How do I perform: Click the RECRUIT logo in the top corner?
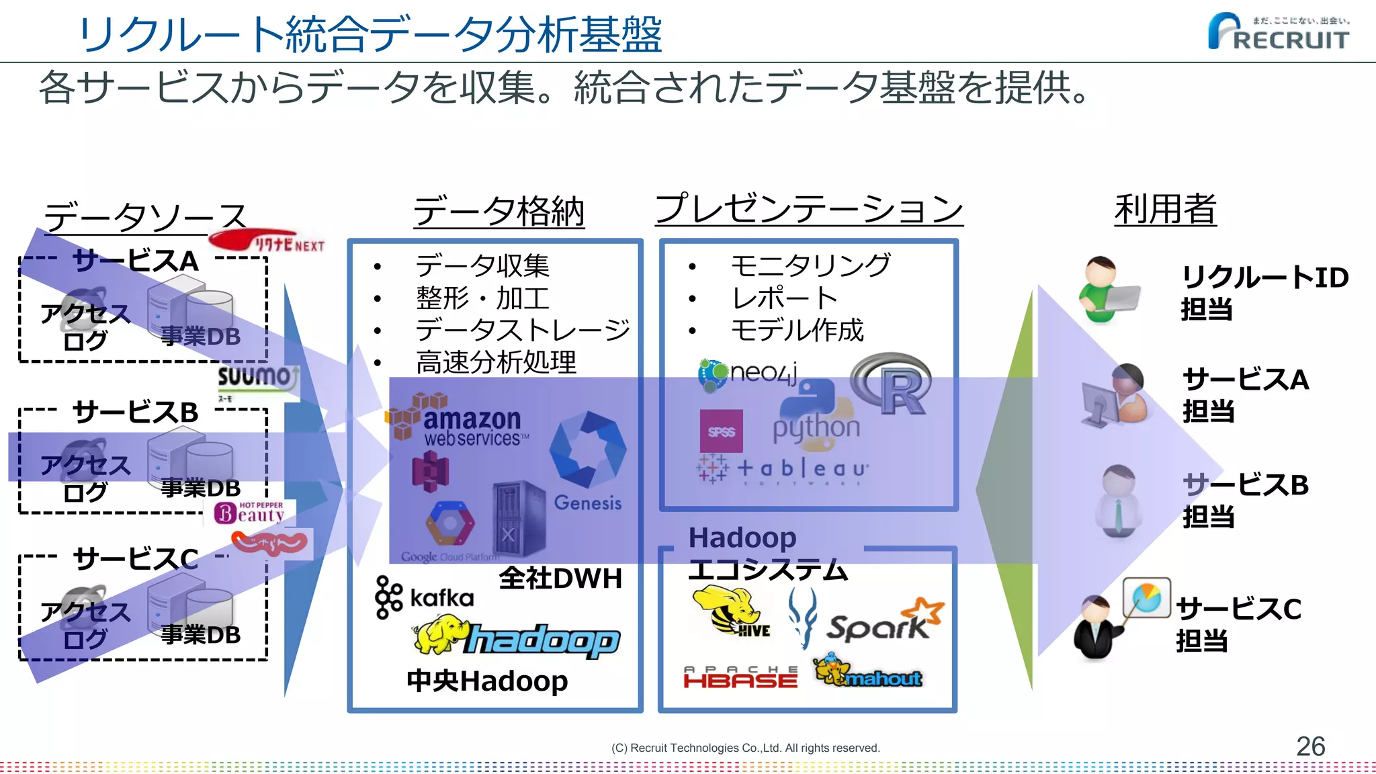coord(1279,32)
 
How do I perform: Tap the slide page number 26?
coord(1309,746)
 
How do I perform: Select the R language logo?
coord(892,384)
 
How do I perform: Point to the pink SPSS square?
coord(721,431)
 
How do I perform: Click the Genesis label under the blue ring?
coord(587,503)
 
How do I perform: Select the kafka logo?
coord(424,597)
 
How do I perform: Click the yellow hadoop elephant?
coord(440,635)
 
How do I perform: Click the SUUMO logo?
coord(257,378)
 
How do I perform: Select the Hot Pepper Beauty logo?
coord(250,512)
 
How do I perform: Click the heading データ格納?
coord(498,212)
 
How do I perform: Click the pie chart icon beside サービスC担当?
coord(1146,597)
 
